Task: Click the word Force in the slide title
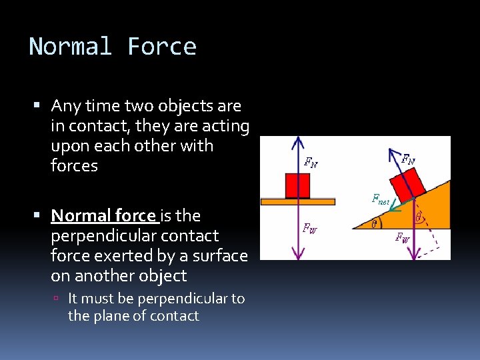pos(162,47)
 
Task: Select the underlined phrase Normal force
pos(103,216)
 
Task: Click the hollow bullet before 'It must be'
pos(58,299)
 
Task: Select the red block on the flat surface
pos(297,185)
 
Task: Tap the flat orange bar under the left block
pos(297,201)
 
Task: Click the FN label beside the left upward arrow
pos(311,161)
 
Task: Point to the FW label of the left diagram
pos(310,228)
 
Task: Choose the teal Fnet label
pos(381,199)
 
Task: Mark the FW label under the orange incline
pos(403,237)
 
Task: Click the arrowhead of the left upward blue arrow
pos(297,142)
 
